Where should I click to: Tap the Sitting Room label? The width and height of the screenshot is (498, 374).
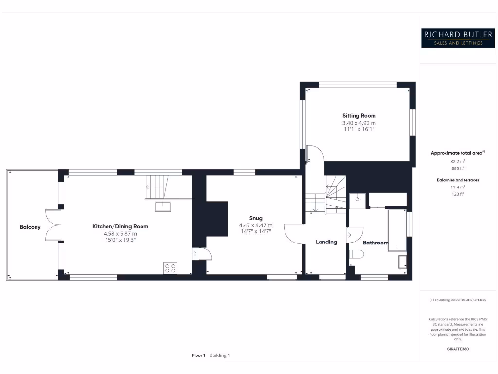[359, 116]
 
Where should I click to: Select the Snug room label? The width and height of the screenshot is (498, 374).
[255, 218]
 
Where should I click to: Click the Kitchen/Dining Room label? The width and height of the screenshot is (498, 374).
[120, 226]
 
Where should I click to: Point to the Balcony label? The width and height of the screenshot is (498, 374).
[30, 227]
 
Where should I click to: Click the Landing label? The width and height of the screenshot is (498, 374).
[326, 242]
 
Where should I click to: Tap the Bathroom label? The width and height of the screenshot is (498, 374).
[375, 243]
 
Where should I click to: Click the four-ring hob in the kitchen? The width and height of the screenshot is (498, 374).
[170, 267]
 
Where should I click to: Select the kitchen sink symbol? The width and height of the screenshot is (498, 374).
[163, 206]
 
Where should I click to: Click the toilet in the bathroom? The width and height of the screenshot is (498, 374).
[356, 254]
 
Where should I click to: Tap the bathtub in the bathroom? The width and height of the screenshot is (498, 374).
[396, 230]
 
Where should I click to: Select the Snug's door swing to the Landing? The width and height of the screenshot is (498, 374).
[294, 233]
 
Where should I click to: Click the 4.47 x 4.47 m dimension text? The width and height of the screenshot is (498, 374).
[255, 225]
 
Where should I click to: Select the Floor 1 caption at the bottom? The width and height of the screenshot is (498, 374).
[198, 355]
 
